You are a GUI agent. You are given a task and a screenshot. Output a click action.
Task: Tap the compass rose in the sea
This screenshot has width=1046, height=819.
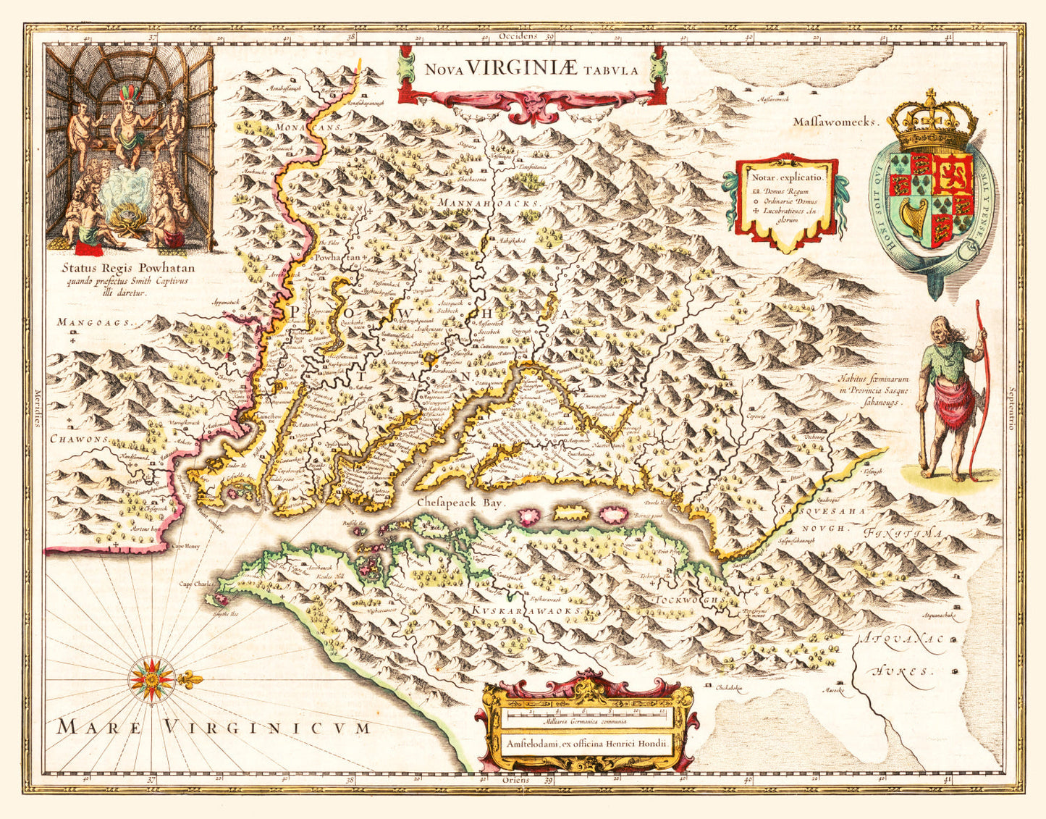pos(152,680)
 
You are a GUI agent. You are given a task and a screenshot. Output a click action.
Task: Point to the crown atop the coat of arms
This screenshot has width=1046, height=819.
pos(932,123)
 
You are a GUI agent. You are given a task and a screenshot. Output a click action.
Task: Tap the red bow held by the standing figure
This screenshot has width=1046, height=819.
pos(979,391)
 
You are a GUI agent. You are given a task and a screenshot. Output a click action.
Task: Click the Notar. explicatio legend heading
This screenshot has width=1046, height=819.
pos(787,177)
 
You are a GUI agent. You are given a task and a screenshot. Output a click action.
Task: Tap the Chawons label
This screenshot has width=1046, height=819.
pos(80,439)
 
